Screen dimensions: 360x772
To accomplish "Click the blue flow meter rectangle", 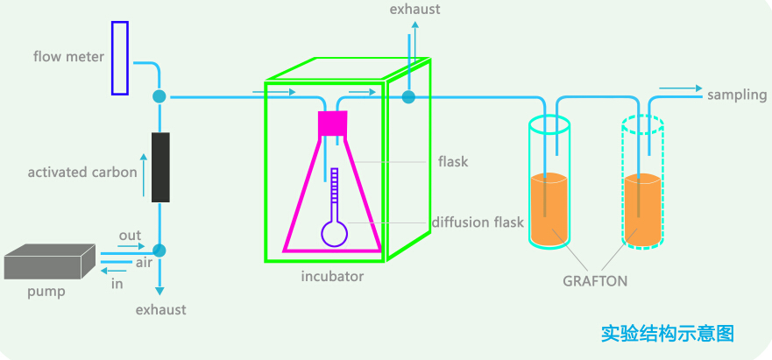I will pyautogui.click(x=120, y=58).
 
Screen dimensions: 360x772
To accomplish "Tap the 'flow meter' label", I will pyautogui.click(x=69, y=58).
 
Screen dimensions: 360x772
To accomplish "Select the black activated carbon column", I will pyautogui.click(x=160, y=167).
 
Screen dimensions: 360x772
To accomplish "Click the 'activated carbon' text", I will pyautogui.click(x=82, y=172).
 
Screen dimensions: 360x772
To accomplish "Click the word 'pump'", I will pyautogui.click(x=46, y=292).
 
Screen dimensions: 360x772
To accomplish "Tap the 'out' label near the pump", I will pyautogui.click(x=130, y=236).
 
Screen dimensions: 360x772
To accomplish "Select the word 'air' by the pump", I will pyautogui.click(x=145, y=262).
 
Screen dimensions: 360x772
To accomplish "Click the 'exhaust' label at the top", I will pyautogui.click(x=415, y=10).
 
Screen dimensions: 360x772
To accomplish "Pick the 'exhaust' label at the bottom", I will pyautogui.click(x=161, y=310).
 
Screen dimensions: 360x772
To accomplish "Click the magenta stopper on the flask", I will pyautogui.click(x=333, y=124).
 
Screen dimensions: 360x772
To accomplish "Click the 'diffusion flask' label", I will pyautogui.click(x=478, y=222).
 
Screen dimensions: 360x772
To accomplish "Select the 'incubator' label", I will pyautogui.click(x=332, y=277).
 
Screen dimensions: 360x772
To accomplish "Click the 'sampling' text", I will pyautogui.click(x=737, y=95).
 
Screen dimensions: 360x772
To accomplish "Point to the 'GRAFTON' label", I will pyautogui.click(x=596, y=281).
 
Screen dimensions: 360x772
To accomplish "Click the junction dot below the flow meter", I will pyautogui.click(x=159, y=96).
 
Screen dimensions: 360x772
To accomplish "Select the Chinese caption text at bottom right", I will pyautogui.click(x=667, y=333).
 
